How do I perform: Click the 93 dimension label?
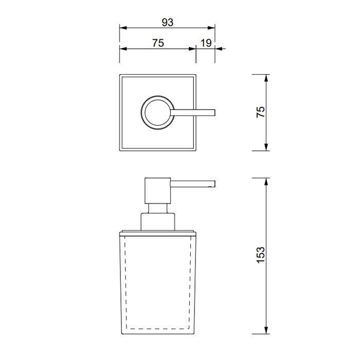click(167, 23)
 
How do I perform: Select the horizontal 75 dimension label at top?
click(158, 43)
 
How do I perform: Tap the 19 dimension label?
click(206, 43)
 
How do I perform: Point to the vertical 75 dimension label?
click(261, 112)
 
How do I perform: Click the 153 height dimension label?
click(261, 255)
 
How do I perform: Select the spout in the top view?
click(193, 113)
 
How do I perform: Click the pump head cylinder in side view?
click(158, 191)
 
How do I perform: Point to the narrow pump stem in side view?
click(158, 208)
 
